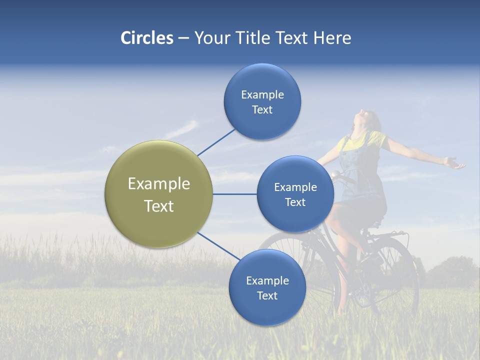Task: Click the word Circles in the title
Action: [x=147, y=38]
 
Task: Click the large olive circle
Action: [x=158, y=194]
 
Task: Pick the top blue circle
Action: [x=262, y=101]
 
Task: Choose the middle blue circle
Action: [x=295, y=194]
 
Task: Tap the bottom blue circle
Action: [x=267, y=287]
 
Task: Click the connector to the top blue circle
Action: [x=216, y=142]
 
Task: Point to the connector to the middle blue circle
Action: [x=234, y=194]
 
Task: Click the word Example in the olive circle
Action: [x=159, y=183]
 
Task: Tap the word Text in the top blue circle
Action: [x=262, y=110]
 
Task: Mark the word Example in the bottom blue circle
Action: [x=267, y=280]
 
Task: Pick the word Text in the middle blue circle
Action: [x=295, y=202]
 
